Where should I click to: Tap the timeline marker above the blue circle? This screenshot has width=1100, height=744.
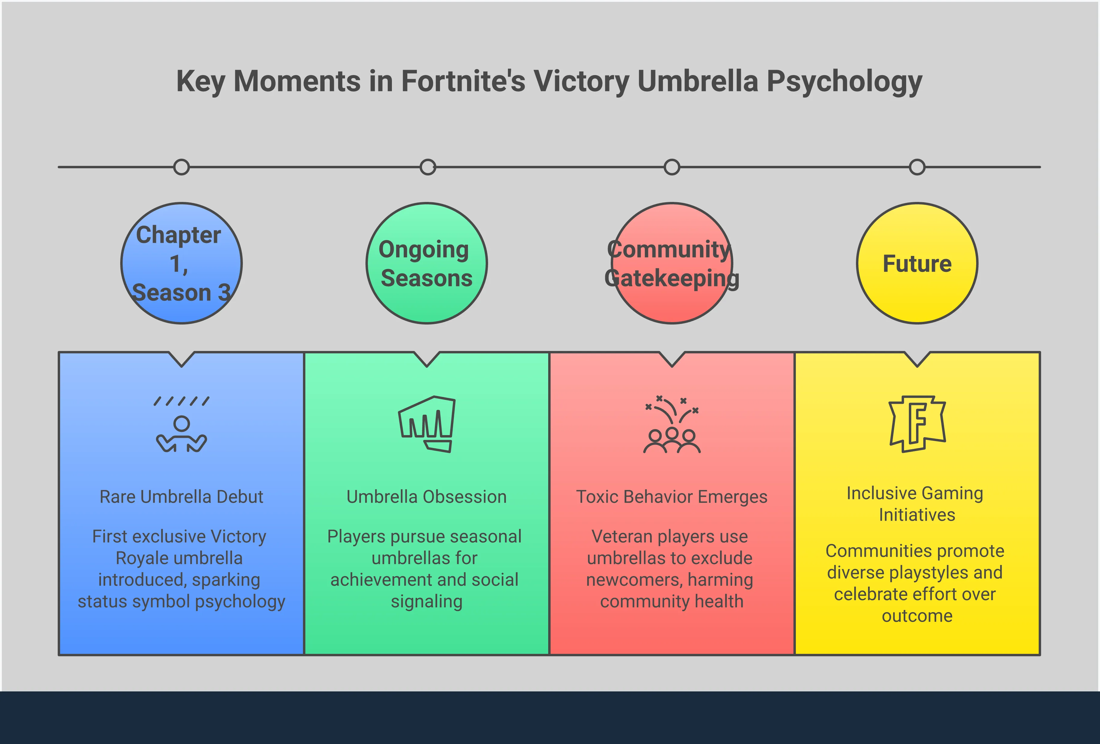181,167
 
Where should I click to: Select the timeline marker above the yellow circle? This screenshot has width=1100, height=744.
917,167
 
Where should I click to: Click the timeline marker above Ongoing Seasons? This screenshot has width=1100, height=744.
427,167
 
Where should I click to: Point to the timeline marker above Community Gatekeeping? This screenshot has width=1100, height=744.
672,167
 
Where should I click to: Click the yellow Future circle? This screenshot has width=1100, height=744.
917,264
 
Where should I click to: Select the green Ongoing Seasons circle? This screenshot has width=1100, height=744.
426,264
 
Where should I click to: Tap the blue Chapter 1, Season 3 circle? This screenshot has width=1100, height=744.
181,264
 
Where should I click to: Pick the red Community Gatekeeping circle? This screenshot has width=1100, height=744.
672,264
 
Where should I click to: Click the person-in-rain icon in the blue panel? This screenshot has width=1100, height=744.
181,425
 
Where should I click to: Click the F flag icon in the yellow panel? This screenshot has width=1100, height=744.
917,424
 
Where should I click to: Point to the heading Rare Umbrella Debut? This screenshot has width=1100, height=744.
181,497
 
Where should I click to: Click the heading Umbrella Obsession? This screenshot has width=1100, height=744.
426,497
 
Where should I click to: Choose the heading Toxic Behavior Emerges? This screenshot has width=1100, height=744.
672,497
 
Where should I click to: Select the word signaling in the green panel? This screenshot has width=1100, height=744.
426,602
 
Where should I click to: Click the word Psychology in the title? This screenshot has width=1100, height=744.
845,82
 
